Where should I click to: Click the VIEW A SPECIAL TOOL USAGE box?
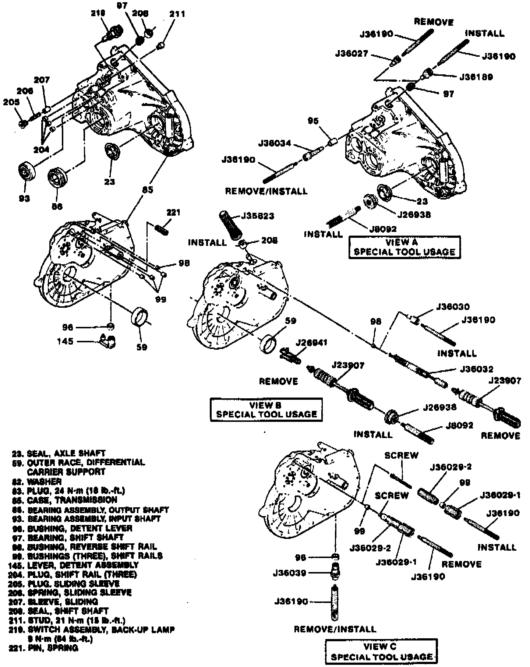(404, 247)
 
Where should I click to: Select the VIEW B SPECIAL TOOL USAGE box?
(266, 409)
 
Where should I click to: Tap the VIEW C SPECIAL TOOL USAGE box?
(381, 652)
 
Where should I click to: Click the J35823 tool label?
(258, 216)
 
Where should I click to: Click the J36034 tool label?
(275, 143)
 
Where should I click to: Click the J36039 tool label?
(289, 573)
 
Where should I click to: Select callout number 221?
(173, 212)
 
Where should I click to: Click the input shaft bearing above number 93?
(26, 172)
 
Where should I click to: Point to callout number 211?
(177, 15)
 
